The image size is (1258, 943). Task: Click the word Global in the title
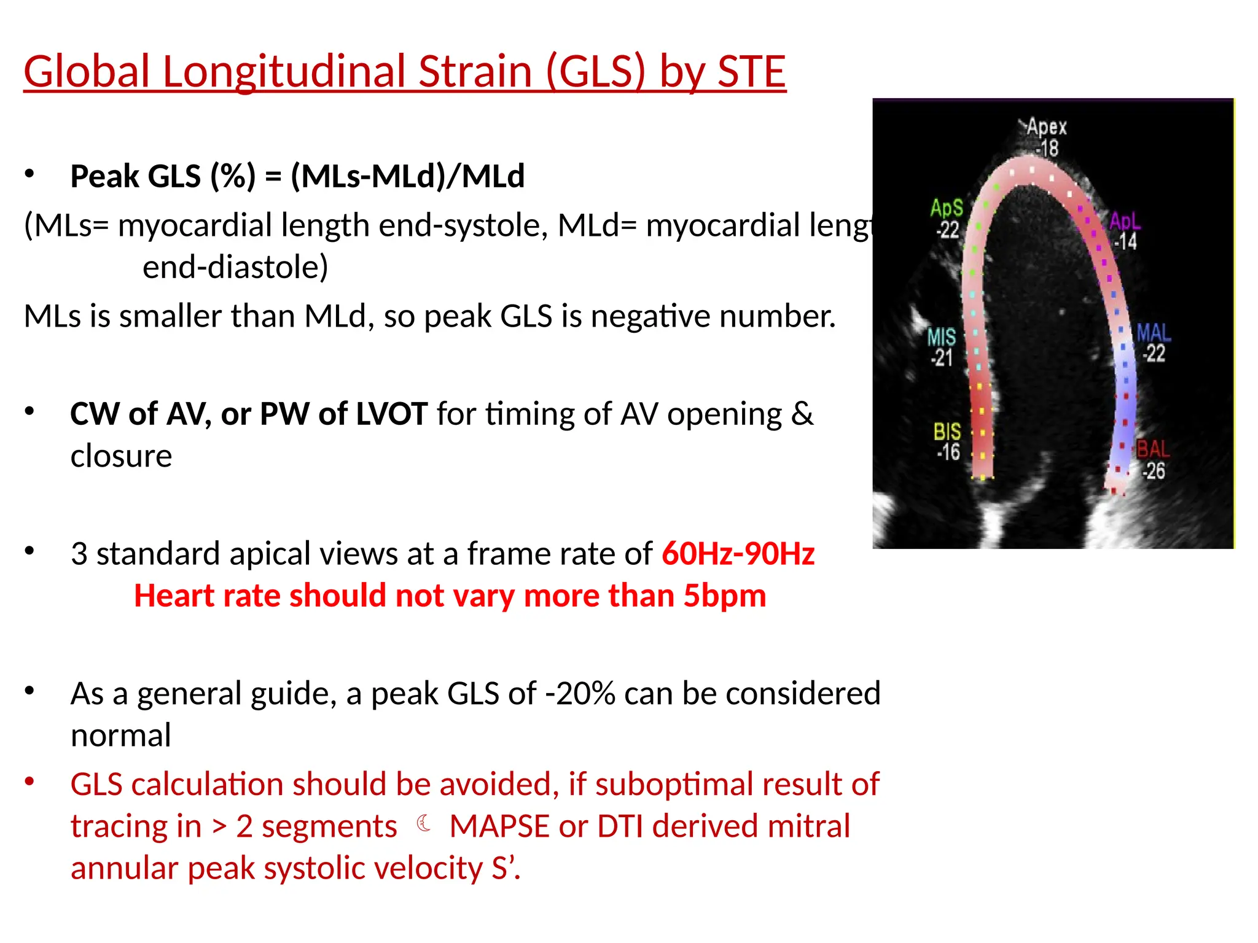point(87,71)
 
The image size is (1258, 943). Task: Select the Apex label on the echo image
point(1047,127)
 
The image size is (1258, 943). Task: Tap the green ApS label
point(947,208)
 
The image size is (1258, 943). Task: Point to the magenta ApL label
point(1124,221)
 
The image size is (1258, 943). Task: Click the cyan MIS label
point(941,336)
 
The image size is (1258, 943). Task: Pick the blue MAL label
point(1154,333)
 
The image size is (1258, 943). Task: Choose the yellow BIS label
point(947,432)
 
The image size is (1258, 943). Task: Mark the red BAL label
point(1153,449)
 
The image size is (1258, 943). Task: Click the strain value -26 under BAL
point(1153,471)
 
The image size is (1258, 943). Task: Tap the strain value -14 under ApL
point(1125,242)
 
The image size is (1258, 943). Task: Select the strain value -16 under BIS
point(948,452)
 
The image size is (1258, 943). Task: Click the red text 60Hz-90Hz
point(738,553)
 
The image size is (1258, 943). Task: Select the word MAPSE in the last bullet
point(499,826)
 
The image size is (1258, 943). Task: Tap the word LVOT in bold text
point(391,414)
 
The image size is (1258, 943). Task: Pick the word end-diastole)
point(235,267)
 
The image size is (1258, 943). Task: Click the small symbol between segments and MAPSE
point(423,823)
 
